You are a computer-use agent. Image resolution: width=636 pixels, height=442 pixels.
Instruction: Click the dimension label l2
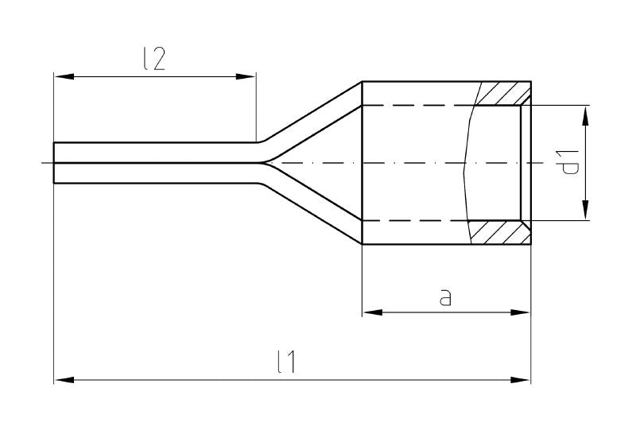[155, 60]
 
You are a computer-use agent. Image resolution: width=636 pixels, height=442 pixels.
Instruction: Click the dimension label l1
[287, 363]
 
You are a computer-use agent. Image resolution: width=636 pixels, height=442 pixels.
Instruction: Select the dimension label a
[446, 297]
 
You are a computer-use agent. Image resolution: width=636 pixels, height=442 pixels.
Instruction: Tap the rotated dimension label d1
[569, 163]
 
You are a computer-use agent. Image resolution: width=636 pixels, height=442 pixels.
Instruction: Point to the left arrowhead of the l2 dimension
[63, 76]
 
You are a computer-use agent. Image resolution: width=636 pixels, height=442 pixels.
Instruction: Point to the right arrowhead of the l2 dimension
[247, 76]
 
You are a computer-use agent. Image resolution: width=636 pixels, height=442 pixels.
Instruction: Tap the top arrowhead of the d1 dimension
[585, 114]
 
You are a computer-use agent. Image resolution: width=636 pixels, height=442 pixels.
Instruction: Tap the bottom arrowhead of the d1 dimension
[585, 211]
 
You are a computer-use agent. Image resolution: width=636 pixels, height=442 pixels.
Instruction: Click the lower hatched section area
[501, 232]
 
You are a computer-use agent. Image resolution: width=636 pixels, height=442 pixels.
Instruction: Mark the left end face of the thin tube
[54, 163]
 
